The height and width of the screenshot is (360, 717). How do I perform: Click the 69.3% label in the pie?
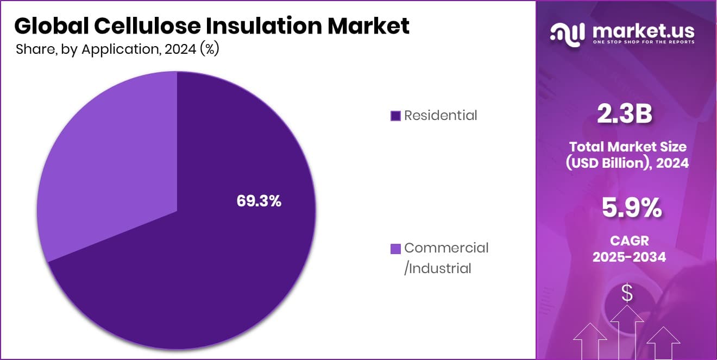(259, 201)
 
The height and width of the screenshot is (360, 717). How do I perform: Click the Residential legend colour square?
(395, 116)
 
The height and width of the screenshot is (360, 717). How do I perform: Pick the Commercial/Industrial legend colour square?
(395, 249)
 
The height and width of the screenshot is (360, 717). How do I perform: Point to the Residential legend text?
(441, 115)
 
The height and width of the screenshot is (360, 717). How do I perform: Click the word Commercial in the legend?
(446, 248)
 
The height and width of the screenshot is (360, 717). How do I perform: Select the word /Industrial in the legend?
(438, 268)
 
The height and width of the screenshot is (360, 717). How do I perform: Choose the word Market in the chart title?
(373, 26)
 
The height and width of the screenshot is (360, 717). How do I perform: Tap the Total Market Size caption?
(627, 147)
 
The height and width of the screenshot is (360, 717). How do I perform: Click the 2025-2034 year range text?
(629, 257)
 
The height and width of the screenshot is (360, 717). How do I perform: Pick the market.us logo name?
(643, 30)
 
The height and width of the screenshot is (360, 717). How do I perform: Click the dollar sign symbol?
(627, 294)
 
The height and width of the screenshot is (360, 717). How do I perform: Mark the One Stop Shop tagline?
(643, 42)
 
